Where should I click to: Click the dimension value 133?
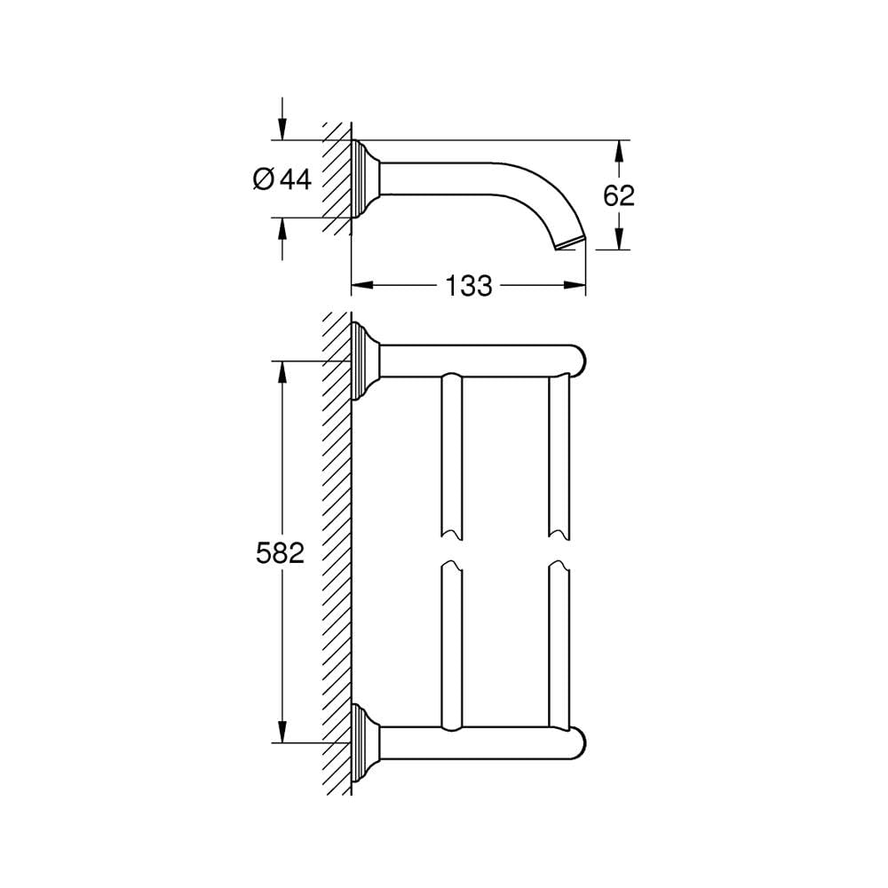468,286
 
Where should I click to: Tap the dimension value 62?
618,196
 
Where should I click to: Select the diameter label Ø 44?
282,179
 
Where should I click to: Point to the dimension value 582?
281,552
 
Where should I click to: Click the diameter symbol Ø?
264,179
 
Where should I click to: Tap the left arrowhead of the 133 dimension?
362,285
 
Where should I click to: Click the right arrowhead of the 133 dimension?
575,285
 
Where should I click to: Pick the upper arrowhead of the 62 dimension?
619,151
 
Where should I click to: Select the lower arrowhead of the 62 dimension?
619,238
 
